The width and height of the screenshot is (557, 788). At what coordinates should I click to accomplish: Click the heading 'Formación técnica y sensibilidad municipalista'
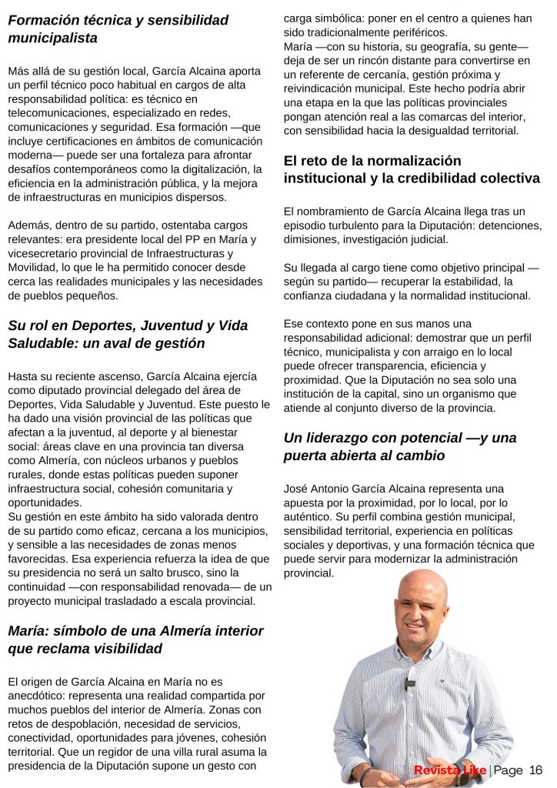118,28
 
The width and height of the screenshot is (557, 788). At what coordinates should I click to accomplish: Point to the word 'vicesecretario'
46,253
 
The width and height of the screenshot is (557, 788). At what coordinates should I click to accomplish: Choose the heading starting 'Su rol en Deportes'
116,334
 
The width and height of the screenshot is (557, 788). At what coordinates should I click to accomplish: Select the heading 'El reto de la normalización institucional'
412,169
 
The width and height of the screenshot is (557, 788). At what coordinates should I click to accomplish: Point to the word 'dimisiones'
312,239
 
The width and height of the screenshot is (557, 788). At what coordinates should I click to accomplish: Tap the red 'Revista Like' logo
449,770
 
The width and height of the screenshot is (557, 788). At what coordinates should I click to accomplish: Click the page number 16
536,770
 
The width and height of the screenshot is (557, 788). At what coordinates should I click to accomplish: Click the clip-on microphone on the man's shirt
410,683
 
